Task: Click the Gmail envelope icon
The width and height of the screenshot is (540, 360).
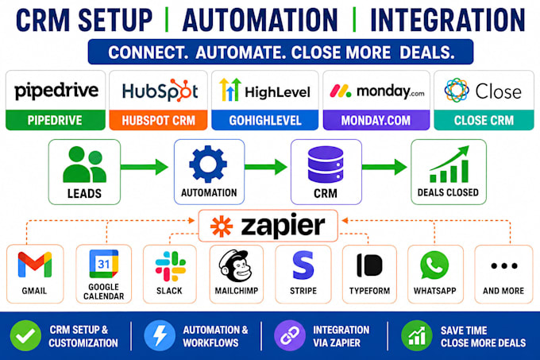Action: pos(35,265)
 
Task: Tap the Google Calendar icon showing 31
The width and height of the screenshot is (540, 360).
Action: pos(104,264)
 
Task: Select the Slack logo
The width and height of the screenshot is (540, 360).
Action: pos(171,266)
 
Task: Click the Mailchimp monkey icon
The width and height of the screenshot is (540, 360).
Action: pos(236,266)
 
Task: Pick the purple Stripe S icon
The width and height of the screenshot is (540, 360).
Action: pos(303,265)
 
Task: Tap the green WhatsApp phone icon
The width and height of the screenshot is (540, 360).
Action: pos(434,265)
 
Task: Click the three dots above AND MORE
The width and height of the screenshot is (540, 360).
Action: pos(504,265)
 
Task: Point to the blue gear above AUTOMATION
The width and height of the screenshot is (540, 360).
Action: pos(208,164)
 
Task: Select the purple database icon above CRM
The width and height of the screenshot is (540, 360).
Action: pos(326,165)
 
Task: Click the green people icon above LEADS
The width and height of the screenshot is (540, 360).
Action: pos(84,165)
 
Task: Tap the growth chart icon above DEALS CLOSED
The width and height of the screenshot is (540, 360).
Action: pos(449,164)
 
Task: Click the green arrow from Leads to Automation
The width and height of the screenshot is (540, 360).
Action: pos(145,167)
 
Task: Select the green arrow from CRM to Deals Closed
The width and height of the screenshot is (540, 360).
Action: pos(384,167)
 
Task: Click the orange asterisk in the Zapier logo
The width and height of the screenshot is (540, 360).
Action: pos(222,226)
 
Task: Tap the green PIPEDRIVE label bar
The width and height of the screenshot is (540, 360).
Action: pos(56,120)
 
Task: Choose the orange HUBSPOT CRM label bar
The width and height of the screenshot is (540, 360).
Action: pos(158,120)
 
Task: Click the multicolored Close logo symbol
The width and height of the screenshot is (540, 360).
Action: pos(457,91)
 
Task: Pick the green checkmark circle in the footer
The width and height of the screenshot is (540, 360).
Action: pos(26,335)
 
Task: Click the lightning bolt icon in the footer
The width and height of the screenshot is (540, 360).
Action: pos(160,335)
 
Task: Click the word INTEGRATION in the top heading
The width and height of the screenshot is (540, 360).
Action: pos(447,21)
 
